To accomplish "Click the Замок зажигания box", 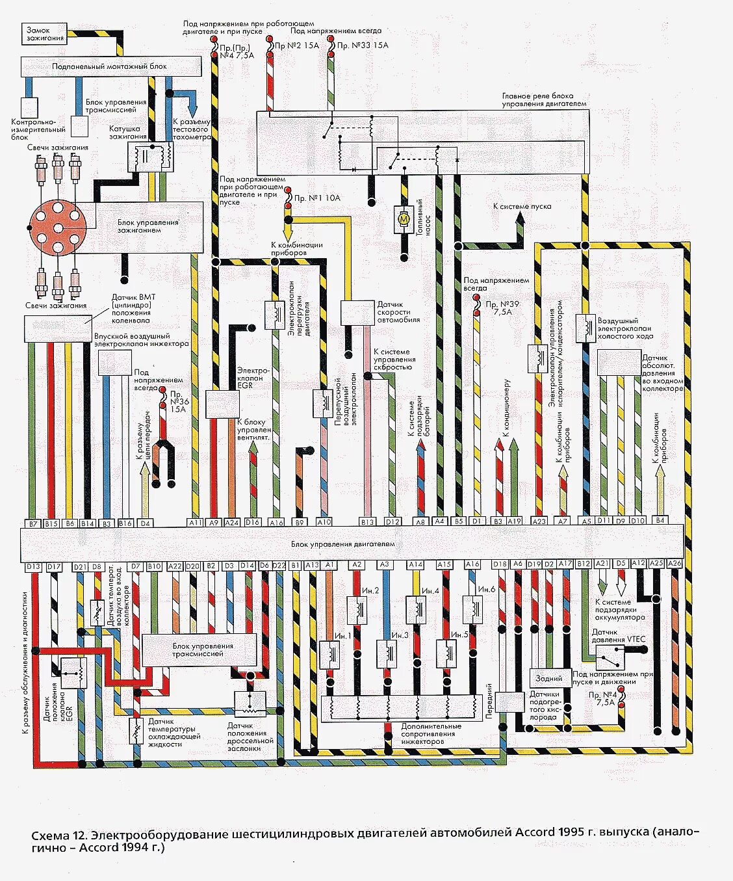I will point(45,34).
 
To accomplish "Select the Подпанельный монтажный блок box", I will point(110,66).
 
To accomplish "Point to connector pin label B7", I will point(32,523).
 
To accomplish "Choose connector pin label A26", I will point(675,564).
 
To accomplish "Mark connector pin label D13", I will point(33,567).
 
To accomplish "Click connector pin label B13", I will point(368,521).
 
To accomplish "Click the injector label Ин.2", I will point(370,590).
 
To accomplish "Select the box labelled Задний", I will point(549,678).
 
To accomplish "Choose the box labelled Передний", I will point(510,703).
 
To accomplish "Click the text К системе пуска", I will point(522,206).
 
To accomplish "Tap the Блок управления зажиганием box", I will point(148,226).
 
